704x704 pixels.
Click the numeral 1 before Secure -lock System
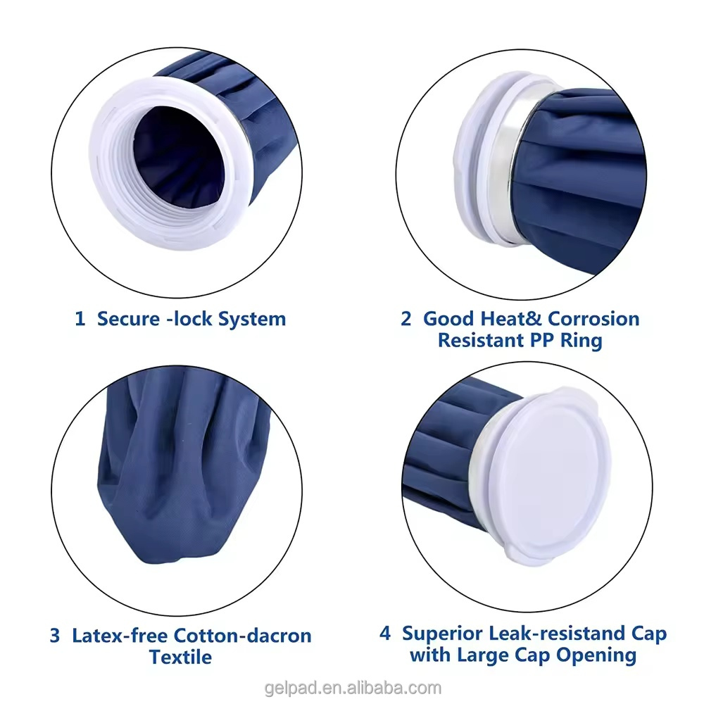click(80, 319)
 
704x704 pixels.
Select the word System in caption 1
click(251, 319)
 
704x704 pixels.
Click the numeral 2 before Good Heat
click(406, 319)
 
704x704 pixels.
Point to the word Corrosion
click(593, 319)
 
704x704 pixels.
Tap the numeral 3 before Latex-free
click(55, 636)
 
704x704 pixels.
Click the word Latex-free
click(120, 636)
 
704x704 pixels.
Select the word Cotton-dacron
click(242, 636)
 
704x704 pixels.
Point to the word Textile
click(180, 658)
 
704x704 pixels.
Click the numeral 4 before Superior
click(385, 634)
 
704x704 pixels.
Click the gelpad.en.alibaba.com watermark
click(352, 688)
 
